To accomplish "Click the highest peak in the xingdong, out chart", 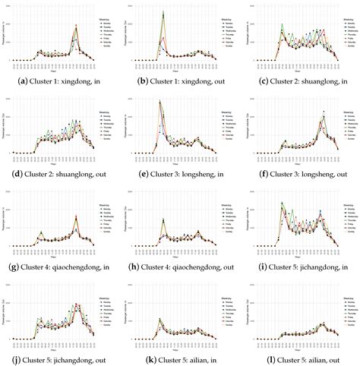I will coord(163,13).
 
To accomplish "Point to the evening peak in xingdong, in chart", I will coord(76,28).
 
